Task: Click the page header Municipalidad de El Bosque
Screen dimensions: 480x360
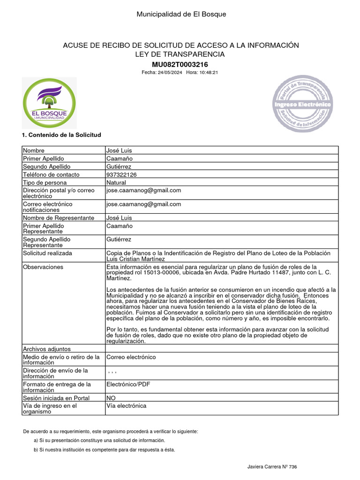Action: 181,14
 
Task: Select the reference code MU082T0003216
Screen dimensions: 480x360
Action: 181,64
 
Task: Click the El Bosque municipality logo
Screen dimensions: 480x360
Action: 49,103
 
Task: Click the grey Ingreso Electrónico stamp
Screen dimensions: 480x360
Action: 302,104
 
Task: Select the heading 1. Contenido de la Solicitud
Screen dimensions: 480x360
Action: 61,135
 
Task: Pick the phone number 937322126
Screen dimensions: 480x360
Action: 121,175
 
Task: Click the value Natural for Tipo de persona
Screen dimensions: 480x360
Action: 116,183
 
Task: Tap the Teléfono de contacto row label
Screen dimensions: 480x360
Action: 51,175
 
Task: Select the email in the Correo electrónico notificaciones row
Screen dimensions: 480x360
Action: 143,204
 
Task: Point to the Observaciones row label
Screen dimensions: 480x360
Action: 43,267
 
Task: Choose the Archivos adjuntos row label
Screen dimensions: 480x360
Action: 46,349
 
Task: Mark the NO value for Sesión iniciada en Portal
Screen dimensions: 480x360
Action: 112,398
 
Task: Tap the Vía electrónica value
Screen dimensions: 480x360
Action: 126,406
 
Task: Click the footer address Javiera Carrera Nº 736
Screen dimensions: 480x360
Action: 272,467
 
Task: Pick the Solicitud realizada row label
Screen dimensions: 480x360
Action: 47,254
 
